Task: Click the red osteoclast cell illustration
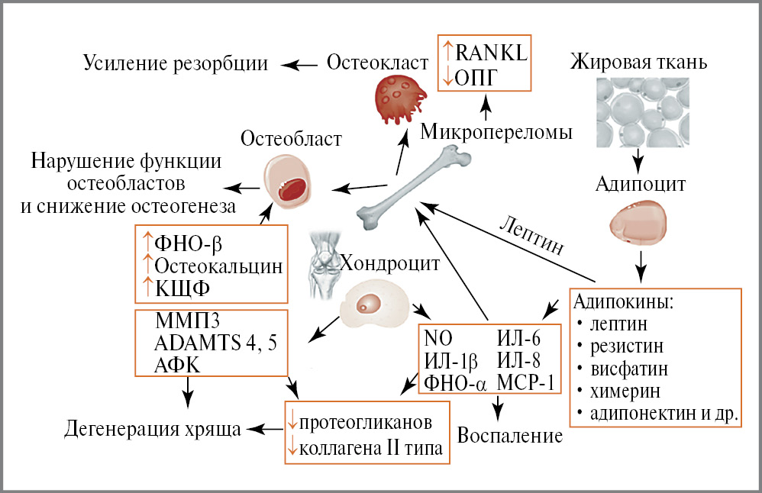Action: [399, 98]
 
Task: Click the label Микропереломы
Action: [496, 133]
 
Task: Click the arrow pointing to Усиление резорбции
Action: [296, 64]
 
